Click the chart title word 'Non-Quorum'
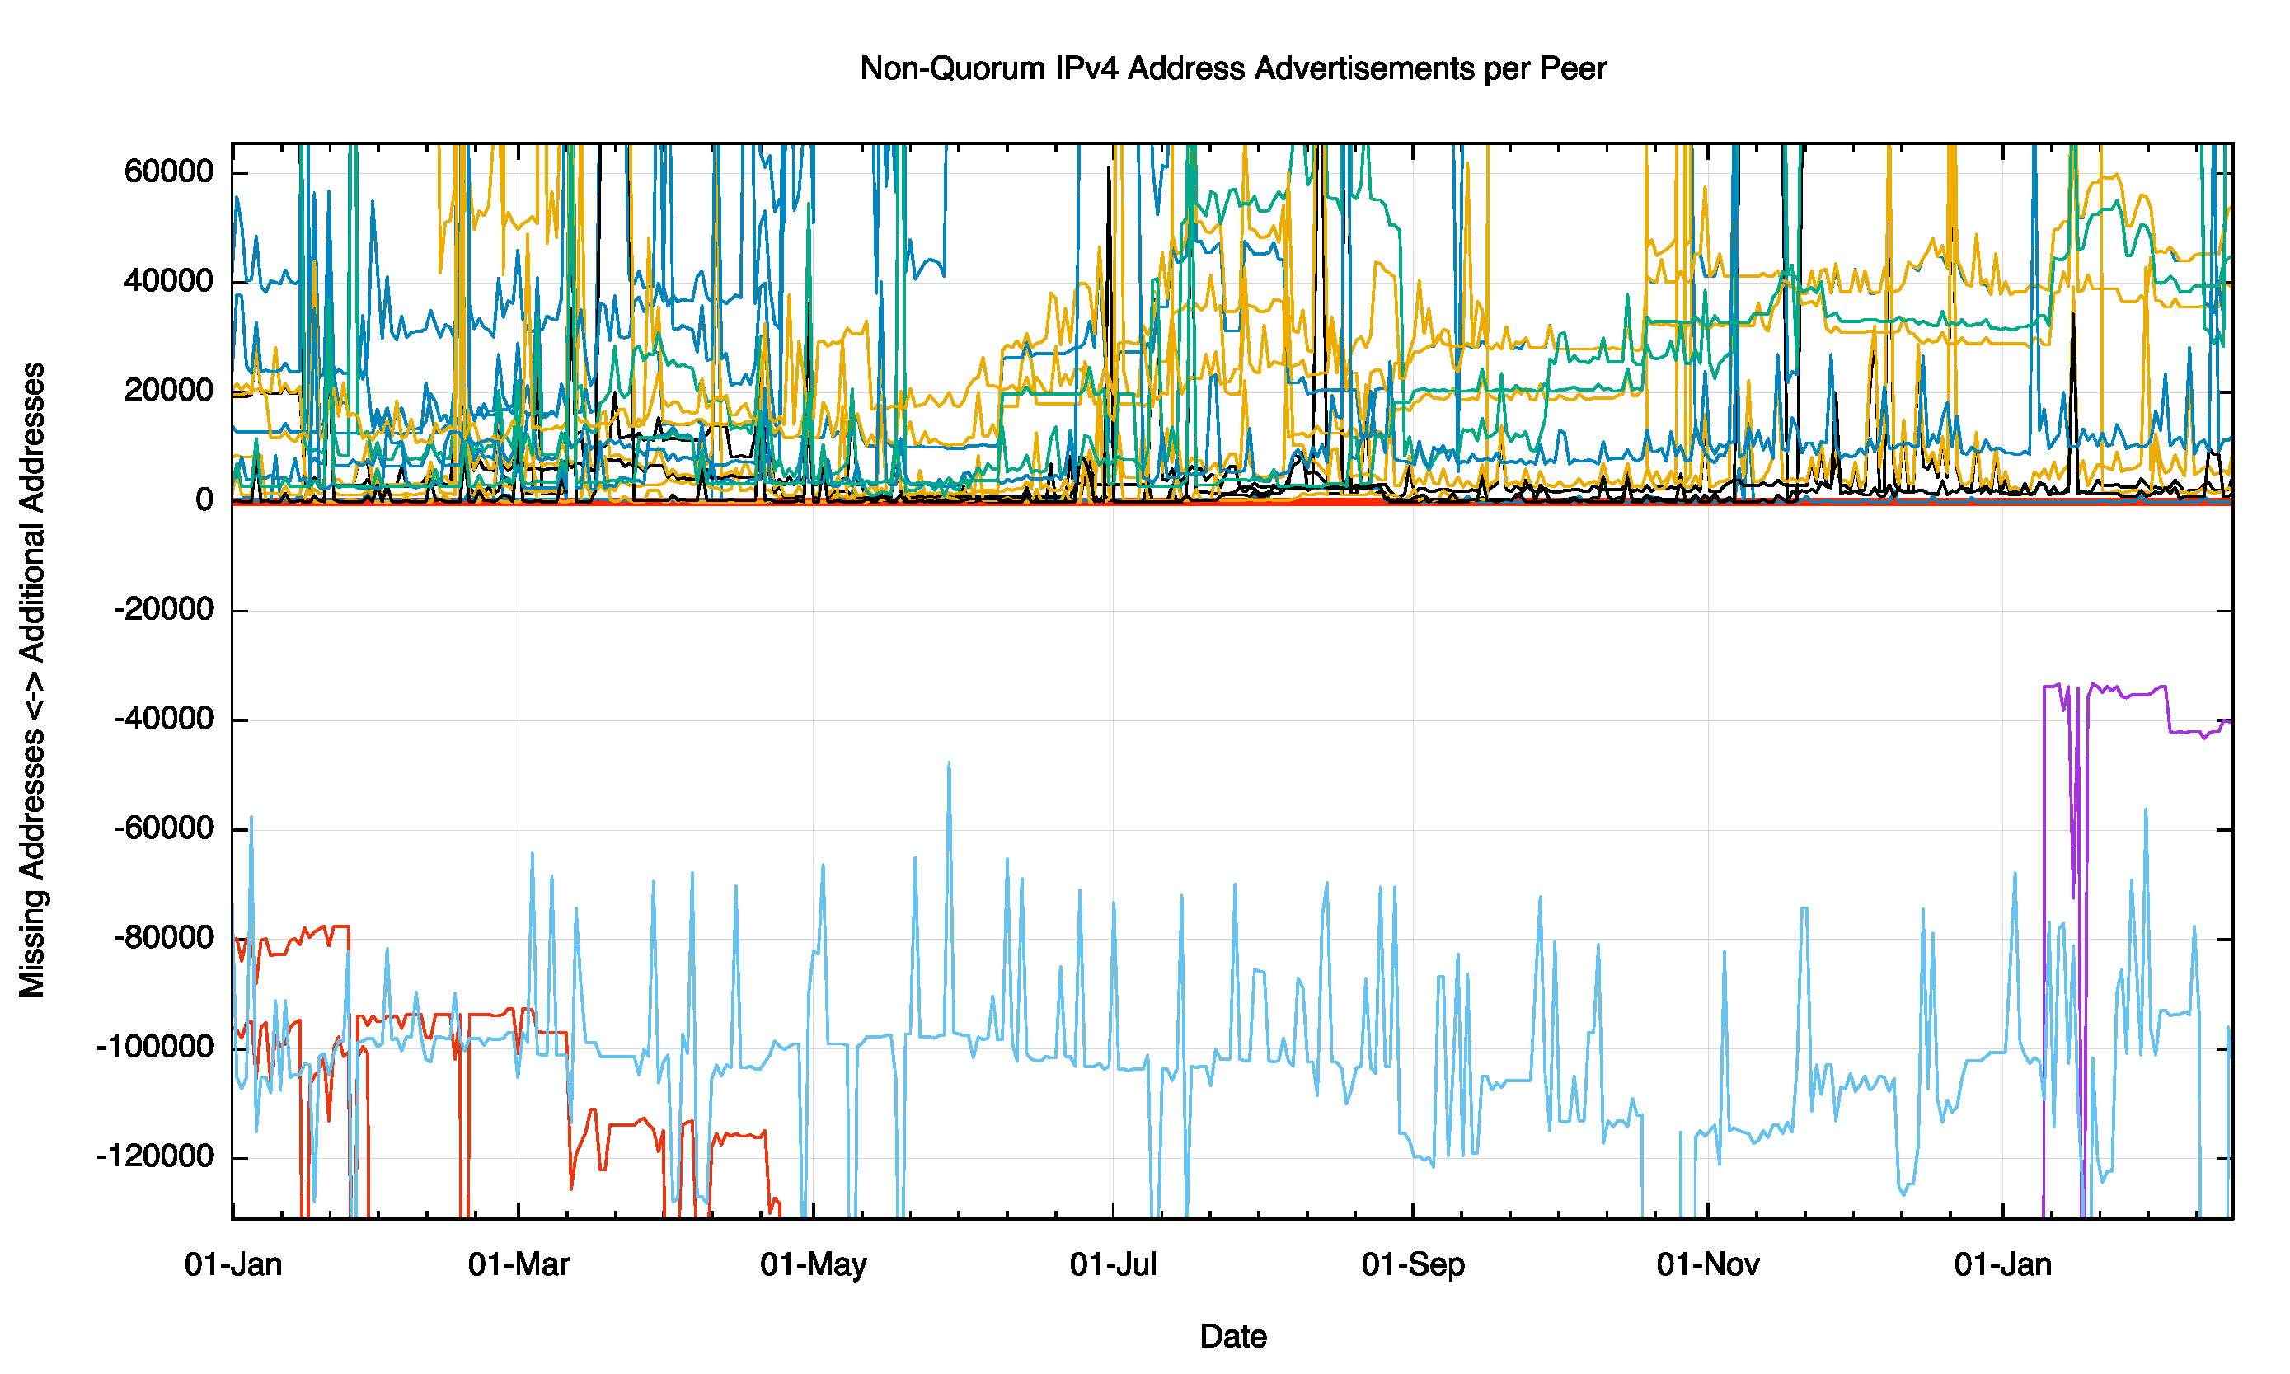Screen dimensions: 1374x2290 [x=952, y=68]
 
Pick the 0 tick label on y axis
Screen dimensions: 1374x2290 [x=204, y=500]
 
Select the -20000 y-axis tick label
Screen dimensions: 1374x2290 [x=164, y=609]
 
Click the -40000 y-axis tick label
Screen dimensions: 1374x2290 [x=164, y=719]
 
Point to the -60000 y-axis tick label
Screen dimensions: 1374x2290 [x=164, y=828]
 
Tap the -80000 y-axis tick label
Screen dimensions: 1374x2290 [x=164, y=937]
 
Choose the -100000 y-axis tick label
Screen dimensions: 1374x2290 [x=155, y=1047]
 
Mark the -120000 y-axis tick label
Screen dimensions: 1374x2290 [x=155, y=1156]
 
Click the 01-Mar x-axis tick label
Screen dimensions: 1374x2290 [x=519, y=1264]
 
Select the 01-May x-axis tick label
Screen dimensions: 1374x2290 [x=813, y=1264]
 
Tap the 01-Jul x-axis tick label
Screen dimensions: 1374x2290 [x=1113, y=1264]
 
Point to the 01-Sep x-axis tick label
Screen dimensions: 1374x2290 [x=1413, y=1264]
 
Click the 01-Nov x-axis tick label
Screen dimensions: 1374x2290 [x=1707, y=1264]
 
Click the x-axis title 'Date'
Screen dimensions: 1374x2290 [x=1232, y=1336]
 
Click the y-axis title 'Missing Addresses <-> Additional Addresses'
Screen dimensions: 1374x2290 [x=33, y=680]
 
